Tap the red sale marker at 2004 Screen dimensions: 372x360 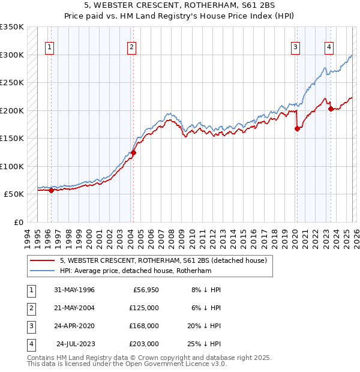click(x=133, y=152)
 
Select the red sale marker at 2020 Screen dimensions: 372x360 click(x=297, y=128)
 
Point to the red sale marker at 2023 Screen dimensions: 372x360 click(x=331, y=109)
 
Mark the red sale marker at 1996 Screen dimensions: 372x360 click(x=51, y=191)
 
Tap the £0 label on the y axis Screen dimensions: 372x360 click(x=17, y=222)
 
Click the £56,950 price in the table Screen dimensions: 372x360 click(x=145, y=289)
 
